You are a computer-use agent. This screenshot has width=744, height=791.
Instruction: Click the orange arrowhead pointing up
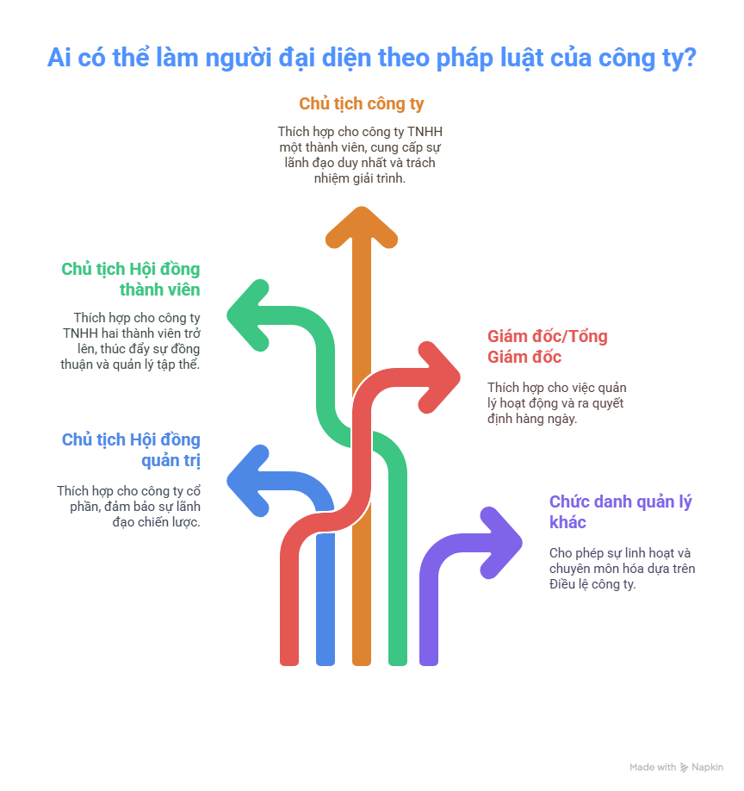coord(362,227)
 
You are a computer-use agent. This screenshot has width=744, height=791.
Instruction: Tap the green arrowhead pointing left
coord(247,315)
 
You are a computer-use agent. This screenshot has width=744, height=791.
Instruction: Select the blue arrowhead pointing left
coord(247,481)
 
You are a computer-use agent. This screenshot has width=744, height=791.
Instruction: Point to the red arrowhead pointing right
coord(439,377)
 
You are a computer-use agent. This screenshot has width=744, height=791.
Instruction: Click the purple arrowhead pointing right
coord(501,543)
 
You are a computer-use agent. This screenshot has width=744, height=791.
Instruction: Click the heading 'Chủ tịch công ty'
coord(362,104)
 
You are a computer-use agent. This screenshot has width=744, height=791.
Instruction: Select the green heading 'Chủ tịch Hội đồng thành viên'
coord(131,279)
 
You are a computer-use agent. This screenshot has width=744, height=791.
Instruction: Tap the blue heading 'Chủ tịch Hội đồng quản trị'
coord(131,450)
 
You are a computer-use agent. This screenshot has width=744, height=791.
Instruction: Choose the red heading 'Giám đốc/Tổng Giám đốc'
coord(548,346)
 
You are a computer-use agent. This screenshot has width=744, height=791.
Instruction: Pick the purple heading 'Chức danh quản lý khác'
coord(621,512)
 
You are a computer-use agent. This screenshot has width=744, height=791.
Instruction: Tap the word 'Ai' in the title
coord(59,58)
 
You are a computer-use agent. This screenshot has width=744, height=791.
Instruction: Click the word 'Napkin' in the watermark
coord(707,767)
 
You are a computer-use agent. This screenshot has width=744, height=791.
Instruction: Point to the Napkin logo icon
coord(684,768)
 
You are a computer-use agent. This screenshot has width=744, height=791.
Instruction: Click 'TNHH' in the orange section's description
coord(425,132)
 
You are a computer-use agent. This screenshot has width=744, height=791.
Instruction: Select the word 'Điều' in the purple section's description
coord(562,584)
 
